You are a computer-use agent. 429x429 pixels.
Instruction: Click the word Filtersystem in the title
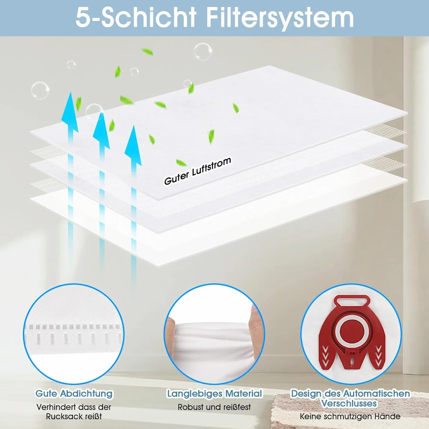click(280, 18)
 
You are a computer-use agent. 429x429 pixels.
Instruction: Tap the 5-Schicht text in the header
click(136, 18)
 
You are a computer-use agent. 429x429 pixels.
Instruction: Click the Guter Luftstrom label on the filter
click(198, 171)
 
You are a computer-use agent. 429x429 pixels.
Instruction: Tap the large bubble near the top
click(203, 52)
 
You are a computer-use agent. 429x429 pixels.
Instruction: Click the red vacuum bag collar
click(351, 332)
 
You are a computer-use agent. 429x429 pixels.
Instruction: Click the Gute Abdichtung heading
click(74, 393)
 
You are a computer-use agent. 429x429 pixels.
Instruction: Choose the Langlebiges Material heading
click(214, 393)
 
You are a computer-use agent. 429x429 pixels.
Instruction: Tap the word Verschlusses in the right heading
click(349, 403)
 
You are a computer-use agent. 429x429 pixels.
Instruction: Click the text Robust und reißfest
click(214, 407)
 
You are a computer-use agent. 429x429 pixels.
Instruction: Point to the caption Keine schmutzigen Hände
click(350, 416)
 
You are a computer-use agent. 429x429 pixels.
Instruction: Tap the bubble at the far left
click(40, 90)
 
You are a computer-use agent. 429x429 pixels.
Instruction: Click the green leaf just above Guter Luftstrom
click(181, 162)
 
